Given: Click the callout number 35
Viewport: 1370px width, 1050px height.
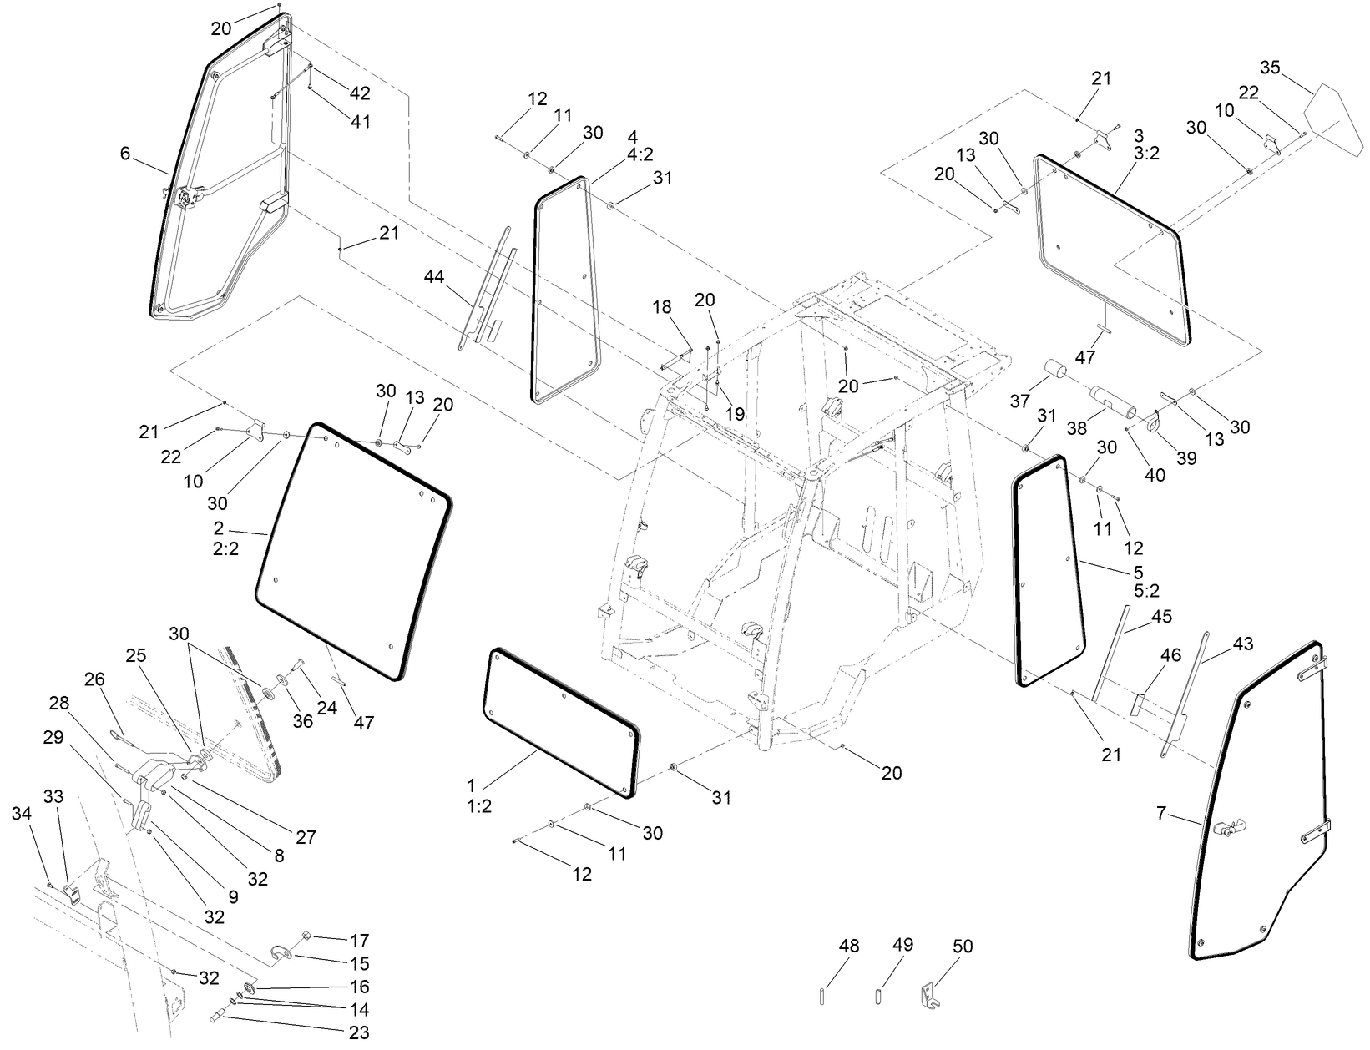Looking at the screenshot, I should (x=1269, y=68).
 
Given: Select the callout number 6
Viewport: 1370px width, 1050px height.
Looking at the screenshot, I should (x=125, y=154).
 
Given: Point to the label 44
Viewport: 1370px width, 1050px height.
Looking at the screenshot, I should (x=434, y=275).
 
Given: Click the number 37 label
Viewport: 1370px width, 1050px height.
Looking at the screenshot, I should (x=1019, y=401).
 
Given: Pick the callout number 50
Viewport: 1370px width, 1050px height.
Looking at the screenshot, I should (x=963, y=947).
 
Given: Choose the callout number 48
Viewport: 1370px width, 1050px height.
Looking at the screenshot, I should (x=849, y=947).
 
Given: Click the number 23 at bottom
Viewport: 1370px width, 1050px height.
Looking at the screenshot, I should (x=359, y=1032).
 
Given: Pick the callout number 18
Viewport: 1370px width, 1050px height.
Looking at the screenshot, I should (x=662, y=308).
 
